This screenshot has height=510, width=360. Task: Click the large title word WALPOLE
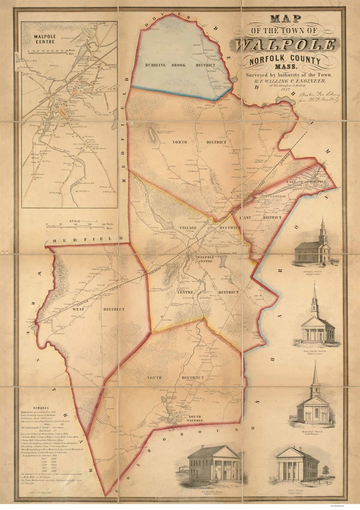click(x=285, y=45)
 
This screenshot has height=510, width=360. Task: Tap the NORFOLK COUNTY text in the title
click(x=285, y=60)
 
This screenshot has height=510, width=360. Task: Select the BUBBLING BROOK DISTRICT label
click(x=180, y=65)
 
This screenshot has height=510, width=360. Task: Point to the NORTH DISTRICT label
click(x=199, y=142)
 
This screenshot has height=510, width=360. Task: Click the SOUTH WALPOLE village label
click(x=195, y=419)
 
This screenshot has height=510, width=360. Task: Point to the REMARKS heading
click(x=41, y=408)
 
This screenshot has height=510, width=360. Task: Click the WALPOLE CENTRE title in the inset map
click(x=45, y=39)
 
